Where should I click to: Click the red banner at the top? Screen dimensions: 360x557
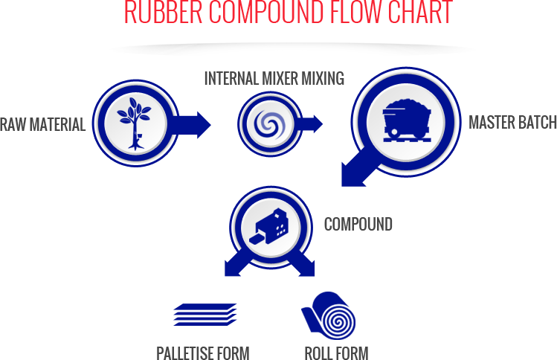click(x=289, y=11)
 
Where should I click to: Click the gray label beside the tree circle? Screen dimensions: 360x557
click(x=43, y=124)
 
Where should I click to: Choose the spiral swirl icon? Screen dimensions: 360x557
click(x=268, y=123)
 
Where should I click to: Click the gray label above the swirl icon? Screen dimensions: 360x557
click(x=274, y=77)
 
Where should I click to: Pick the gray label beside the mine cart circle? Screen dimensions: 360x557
click(x=512, y=122)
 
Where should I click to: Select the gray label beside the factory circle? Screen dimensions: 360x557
click(x=358, y=224)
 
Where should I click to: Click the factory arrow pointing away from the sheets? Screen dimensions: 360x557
click(x=305, y=266)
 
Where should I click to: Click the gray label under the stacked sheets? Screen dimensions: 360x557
click(x=202, y=353)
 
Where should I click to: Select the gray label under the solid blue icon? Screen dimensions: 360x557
click(x=336, y=353)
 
